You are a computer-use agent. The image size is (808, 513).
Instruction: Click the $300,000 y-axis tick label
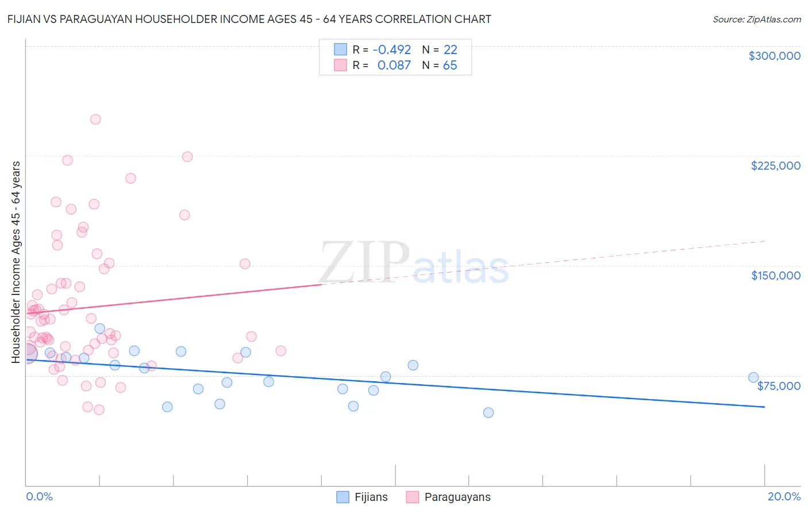tap(774, 56)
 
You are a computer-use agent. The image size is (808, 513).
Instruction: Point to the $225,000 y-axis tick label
tap(775, 166)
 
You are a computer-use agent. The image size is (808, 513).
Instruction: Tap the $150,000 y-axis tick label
tap(775, 275)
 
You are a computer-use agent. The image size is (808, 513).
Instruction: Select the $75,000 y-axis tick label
tap(778, 386)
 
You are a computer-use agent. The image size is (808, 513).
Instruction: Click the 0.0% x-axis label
tap(39, 496)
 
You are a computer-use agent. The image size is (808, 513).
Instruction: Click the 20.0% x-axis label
tap(784, 496)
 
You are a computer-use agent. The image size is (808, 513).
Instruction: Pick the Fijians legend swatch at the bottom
tap(343, 497)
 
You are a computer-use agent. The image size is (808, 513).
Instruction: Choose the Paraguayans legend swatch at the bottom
tap(413, 497)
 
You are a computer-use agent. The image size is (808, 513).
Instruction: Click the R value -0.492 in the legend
tap(392, 50)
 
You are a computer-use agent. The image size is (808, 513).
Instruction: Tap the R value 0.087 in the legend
tap(394, 66)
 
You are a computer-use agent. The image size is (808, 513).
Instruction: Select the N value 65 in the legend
tap(450, 66)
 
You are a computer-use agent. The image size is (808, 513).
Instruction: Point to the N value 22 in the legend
tap(450, 50)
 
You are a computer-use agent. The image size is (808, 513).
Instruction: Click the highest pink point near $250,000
tap(95, 120)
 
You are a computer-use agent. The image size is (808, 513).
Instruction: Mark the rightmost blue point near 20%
tap(753, 378)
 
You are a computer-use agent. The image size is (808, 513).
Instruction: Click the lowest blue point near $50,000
tap(488, 412)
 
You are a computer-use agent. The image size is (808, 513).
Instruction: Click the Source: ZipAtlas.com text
tap(756, 20)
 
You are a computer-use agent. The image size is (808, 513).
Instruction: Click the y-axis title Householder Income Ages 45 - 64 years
tap(16, 262)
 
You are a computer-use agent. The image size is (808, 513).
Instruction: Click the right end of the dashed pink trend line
tap(765, 241)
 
